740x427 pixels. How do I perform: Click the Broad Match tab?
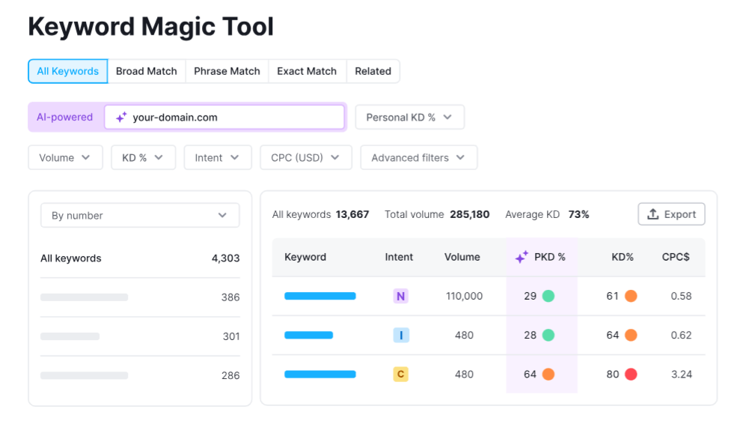[147, 71]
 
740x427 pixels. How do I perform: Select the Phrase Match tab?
[227, 71]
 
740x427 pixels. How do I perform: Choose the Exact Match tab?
[307, 71]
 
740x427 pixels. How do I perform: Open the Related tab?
[373, 71]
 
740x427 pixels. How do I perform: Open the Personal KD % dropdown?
[409, 117]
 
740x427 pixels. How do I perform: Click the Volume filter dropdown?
[65, 157]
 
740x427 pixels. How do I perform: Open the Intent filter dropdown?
[217, 157]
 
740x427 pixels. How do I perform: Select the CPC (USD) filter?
[305, 157]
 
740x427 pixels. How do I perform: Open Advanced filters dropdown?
[418, 157]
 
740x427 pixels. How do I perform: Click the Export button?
[671, 214]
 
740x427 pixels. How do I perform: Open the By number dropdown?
[140, 215]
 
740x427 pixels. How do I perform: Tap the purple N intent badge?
[401, 296]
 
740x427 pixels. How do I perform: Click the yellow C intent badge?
[401, 374]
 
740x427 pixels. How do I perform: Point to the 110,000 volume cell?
[464, 296]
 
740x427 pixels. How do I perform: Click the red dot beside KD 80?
[630, 374]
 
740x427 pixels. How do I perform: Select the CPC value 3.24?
[681, 374]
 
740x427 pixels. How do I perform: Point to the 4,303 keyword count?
[225, 258]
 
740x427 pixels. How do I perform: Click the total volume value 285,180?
[469, 214]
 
